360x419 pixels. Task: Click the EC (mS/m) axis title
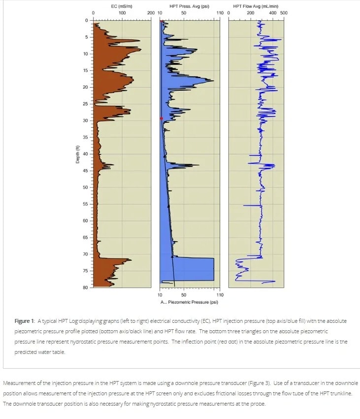pos(122,6)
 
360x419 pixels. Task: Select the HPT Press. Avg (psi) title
pos(189,6)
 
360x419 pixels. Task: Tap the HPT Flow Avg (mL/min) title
pos(256,6)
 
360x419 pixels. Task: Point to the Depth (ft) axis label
pos(77,154)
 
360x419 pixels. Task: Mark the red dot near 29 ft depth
pos(162,118)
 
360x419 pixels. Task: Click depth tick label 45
pos(85,171)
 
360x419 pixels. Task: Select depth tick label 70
pos(85,254)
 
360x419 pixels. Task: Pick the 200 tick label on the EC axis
pos(151,13)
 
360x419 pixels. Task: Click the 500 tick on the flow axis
pos(284,13)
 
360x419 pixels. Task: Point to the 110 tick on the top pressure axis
pos(220,13)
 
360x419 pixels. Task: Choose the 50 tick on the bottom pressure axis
pos(184,295)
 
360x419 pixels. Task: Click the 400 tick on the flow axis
pos(273,13)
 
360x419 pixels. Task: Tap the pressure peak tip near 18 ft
pos(214,80)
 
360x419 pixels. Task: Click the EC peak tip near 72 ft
pos(131,260)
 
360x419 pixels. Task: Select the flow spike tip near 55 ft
pos(244,206)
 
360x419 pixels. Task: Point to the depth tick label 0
pos(86,20)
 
